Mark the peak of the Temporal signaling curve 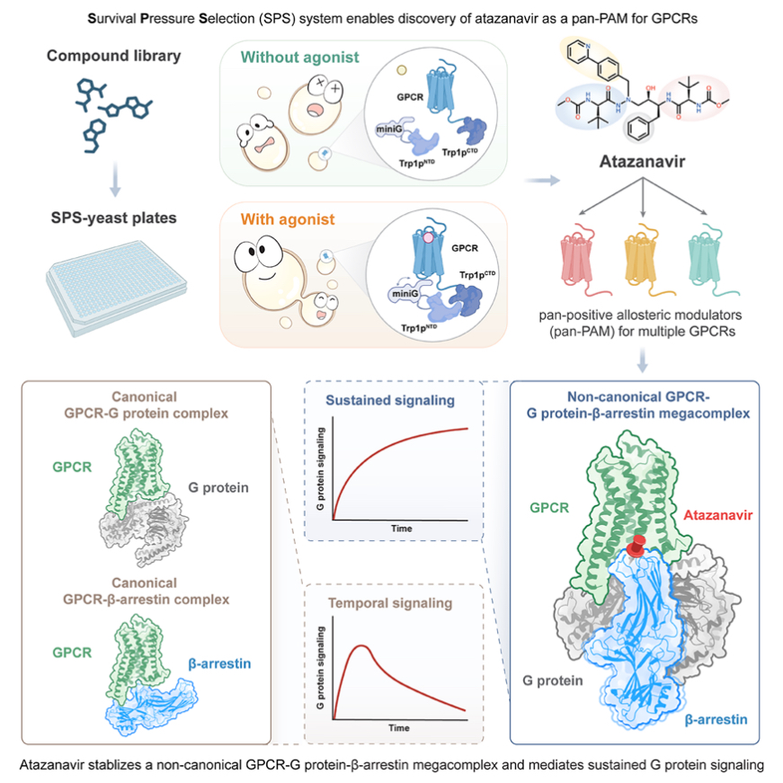tap(361, 645)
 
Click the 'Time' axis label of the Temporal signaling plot tap(401, 725)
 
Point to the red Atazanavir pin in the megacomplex tap(637, 545)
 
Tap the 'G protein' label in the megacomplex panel tap(550, 681)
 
